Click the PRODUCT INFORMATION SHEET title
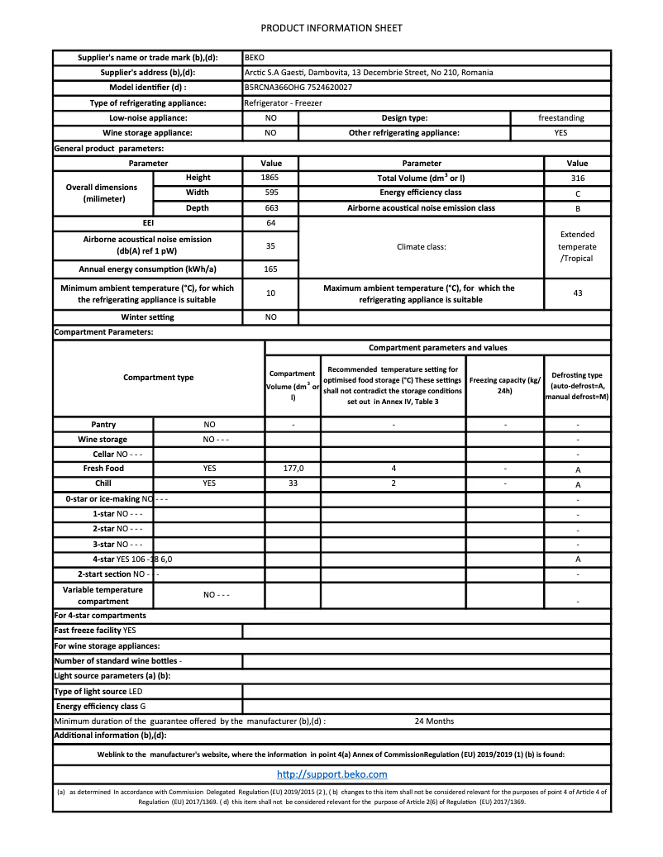331,28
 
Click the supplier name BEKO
254,58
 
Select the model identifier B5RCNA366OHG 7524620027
298,88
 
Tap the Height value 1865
270,178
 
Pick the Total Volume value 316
577,178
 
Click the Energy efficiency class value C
577,193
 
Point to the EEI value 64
270,223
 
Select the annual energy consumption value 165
270,269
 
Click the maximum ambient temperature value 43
577,293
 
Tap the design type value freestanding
560,117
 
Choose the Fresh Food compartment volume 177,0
293,469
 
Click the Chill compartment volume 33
293,483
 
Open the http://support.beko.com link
331,774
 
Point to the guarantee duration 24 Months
434,721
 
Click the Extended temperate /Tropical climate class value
577,246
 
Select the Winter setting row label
148,317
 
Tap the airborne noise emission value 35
270,245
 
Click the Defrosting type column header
577,386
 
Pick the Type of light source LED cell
148,691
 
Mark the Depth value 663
270,208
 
